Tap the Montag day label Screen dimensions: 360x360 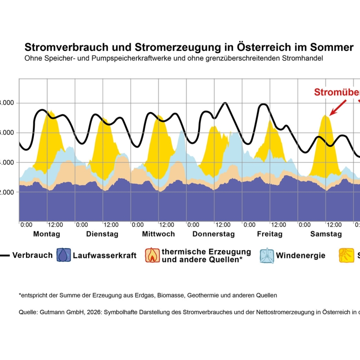coord(46,234)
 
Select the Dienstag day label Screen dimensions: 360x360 coord(102,234)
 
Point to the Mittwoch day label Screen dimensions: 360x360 coord(158,234)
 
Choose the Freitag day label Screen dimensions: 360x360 coord(270,234)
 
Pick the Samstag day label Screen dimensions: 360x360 coord(326,234)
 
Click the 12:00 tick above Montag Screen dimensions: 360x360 coord(55,225)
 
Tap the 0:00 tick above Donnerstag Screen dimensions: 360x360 coord(193,225)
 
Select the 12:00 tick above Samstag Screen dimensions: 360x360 coord(333,225)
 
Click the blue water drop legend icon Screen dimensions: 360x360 coord(63,256)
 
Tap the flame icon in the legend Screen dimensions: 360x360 coord(152,256)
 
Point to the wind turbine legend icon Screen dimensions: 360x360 coord(266,256)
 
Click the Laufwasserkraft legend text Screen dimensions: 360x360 coord(104,256)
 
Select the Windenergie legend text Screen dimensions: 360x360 coord(300,256)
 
